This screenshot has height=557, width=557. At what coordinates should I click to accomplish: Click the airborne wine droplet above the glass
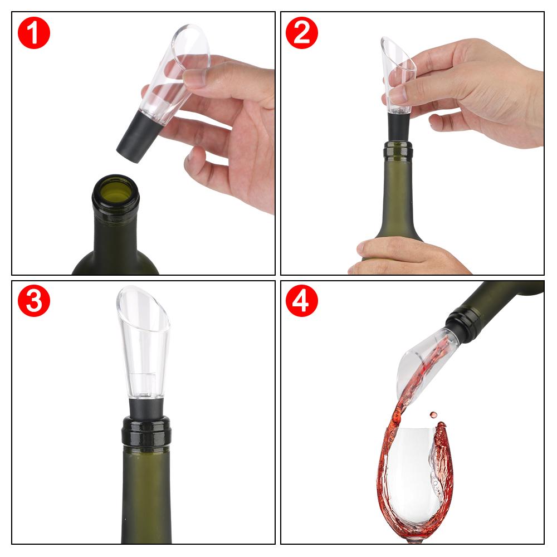coord(433,415)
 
